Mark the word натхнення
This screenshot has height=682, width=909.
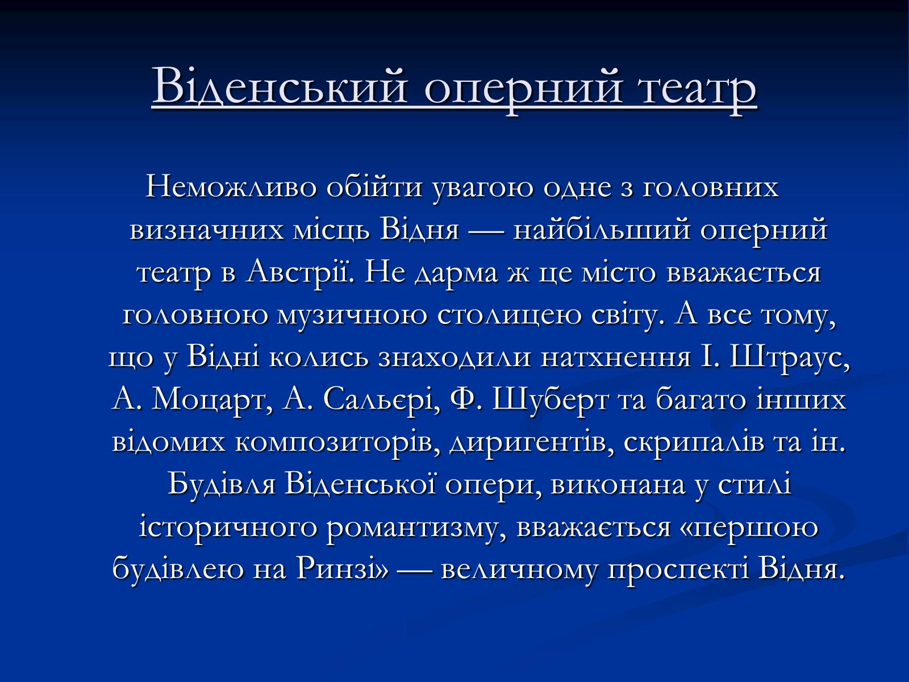click(x=615, y=358)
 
